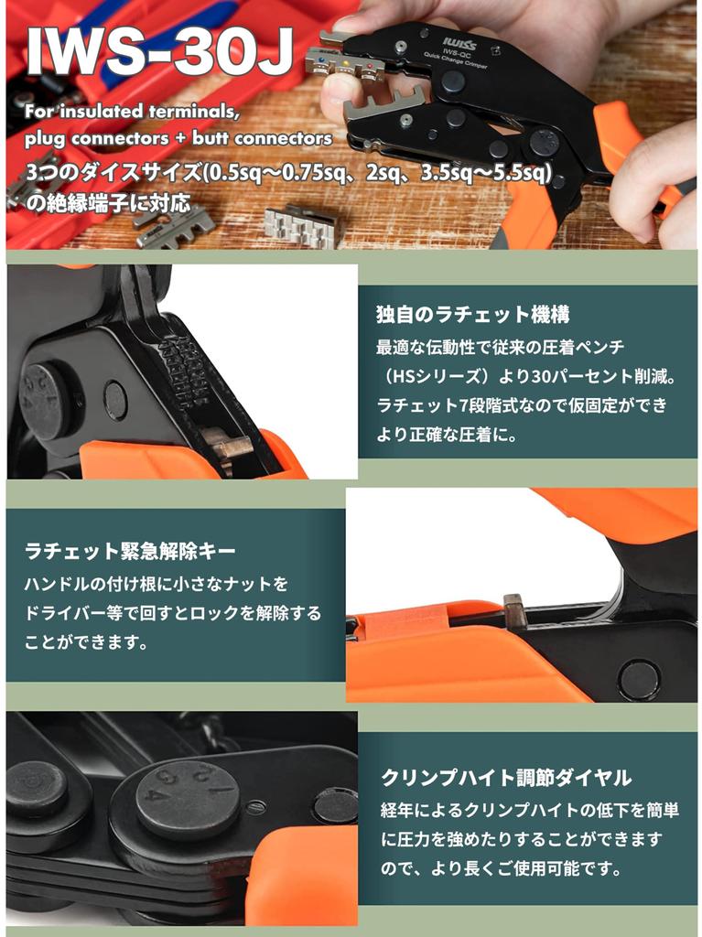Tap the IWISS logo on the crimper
[456, 42]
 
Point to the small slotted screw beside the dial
[258, 806]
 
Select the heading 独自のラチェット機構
[473, 315]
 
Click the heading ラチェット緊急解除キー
[130, 551]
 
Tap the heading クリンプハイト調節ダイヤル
[506, 778]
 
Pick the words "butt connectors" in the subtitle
[283, 139]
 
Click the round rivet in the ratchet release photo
[638, 679]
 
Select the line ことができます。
[87, 642]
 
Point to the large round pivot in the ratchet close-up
[46, 396]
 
